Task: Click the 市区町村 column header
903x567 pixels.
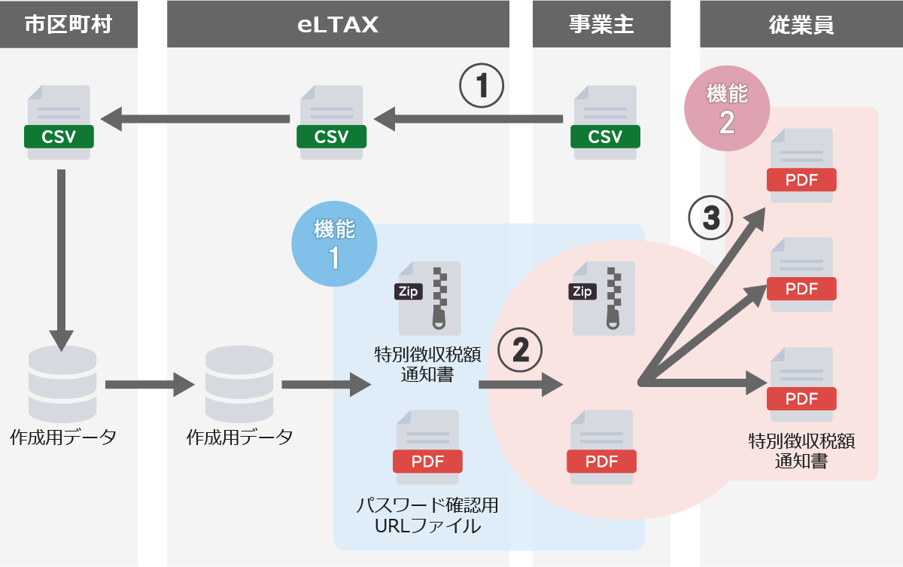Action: point(68,25)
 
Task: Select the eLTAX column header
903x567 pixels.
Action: point(338,25)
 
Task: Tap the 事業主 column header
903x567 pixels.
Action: point(601,25)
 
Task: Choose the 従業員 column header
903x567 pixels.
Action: point(801,25)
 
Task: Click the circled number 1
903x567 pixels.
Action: point(482,86)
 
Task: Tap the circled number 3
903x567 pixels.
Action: point(710,218)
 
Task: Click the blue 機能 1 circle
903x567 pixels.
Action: point(334,244)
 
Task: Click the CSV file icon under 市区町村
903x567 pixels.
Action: point(59,123)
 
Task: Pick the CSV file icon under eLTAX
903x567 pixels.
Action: point(331,123)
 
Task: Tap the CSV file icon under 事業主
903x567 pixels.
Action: point(605,123)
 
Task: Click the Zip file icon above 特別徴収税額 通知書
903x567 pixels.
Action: point(429,298)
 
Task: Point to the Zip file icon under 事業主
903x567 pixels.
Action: point(604,298)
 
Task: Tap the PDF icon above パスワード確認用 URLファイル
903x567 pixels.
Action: point(428,447)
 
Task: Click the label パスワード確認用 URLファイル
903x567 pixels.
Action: point(427,516)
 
